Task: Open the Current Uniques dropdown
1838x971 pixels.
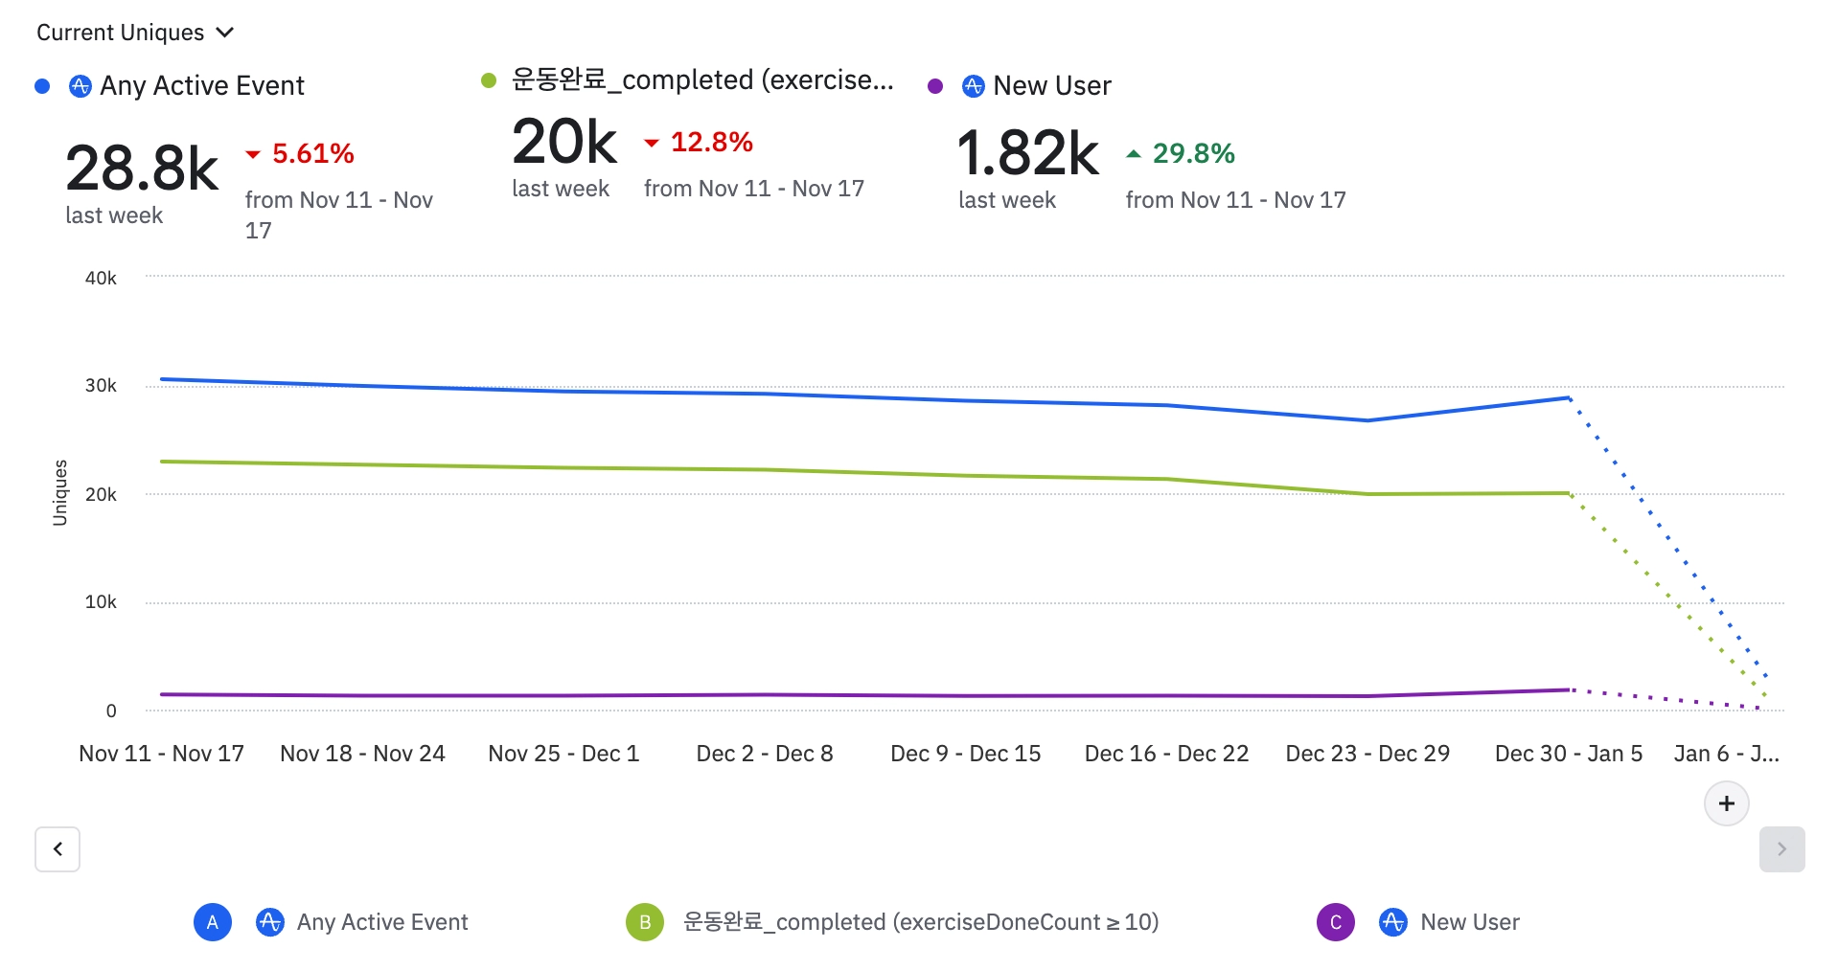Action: click(x=135, y=33)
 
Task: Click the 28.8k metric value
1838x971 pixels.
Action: click(x=142, y=169)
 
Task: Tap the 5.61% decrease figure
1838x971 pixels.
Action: click(x=312, y=153)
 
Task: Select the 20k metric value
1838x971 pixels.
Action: click(x=564, y=142)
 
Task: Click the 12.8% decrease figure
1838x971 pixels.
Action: click(x=711, y=142)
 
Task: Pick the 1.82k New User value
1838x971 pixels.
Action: click(x=1027, y=153)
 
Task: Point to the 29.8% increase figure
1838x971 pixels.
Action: click(x=1193, y=153)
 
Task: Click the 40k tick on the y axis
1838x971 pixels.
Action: click(x=101, y=278)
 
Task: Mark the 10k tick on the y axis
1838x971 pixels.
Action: click(x=101, y=602)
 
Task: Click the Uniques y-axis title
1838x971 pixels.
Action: click(x=60, y=493)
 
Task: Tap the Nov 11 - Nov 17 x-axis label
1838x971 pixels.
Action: click(x=161, y=754)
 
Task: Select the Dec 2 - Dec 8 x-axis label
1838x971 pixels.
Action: click(x=765, y=754)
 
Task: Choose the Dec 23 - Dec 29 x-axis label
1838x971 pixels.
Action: click(x=1367, y=754)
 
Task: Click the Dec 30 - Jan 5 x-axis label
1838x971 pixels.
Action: click(x=1569, y=754)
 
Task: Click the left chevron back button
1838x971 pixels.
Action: click(x=57, y=849)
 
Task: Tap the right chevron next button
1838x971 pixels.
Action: click(x=1781, y=849)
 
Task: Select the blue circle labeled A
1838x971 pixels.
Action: click(x=213, y=922)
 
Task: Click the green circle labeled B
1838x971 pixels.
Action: click(x=645, y=922)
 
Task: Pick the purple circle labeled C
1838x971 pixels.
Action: click(x=1336, y=922)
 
